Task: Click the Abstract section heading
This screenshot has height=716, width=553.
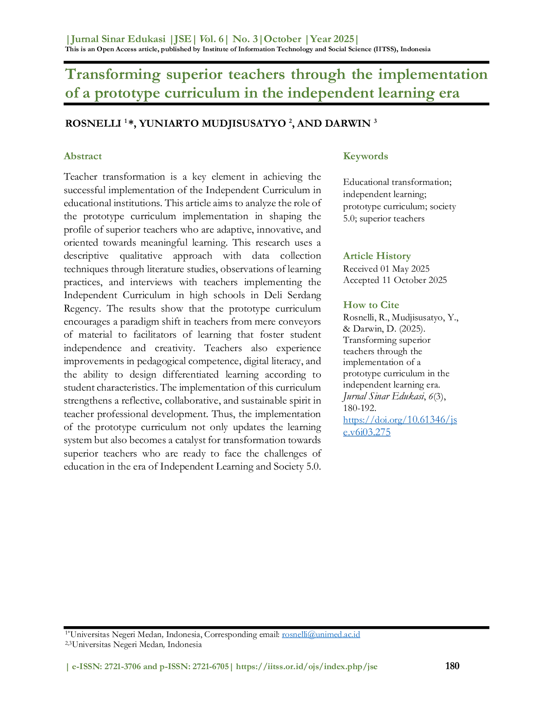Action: tap(83, 156)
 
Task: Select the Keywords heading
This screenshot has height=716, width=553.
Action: tap(365, 156)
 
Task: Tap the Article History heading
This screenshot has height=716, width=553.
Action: tap(377, 256)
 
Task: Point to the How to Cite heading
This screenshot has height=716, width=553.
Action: tap(371, 305)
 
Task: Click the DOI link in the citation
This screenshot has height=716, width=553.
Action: tap(400, 426)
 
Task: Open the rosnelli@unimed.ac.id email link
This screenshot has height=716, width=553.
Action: tap(321, 634)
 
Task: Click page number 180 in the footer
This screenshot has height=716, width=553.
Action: tap(452, 666)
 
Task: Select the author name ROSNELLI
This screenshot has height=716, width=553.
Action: tap(93, 124)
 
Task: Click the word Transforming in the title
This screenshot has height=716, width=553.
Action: tap(113, 75)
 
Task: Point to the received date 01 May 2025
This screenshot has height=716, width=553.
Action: tap(405, 269)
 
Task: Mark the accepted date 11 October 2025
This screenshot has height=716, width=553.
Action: tap(414, 280)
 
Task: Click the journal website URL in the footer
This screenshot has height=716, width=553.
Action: tap(307, 667)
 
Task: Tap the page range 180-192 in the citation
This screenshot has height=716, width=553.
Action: tap(359, 408)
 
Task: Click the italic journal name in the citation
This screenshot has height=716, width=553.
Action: tap(383, 396)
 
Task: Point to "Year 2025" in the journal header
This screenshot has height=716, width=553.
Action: tap(332, 39)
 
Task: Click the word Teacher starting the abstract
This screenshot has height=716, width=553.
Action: tap(80, 177)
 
